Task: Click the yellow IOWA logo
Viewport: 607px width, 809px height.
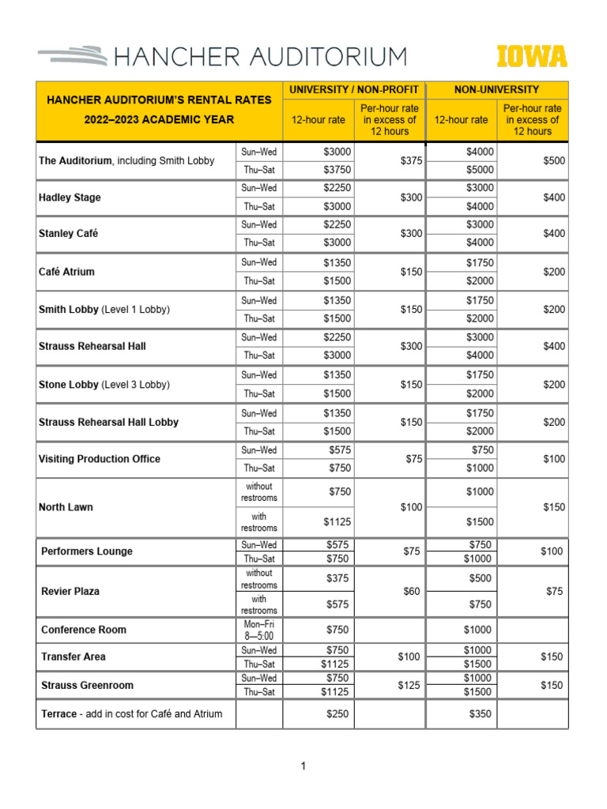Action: pos(532,57)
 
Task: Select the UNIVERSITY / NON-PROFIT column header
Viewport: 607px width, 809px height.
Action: pos(353,90)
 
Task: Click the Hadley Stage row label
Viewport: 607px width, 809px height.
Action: pos(70,198)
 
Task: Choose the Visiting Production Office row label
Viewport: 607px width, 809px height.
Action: pos(99,459)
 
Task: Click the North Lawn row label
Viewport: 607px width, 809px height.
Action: pos(66,507)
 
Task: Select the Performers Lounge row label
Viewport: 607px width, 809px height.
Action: pos(87,551)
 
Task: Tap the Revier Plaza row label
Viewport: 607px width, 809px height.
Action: pos(70,592)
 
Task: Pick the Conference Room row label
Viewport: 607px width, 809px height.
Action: pos(84,630)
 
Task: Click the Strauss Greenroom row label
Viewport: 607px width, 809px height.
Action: pos(86,685)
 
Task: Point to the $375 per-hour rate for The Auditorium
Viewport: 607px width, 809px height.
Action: pos(411,160)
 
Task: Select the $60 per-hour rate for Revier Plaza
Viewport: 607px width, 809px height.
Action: pos(411,592)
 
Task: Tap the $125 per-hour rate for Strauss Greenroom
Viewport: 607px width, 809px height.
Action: pos(409,685)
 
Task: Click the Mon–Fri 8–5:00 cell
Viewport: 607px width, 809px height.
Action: pos(259,630)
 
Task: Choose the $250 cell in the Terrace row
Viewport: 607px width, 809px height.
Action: pos(339,714)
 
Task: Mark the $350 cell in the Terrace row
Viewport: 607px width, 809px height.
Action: pos(481,714)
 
